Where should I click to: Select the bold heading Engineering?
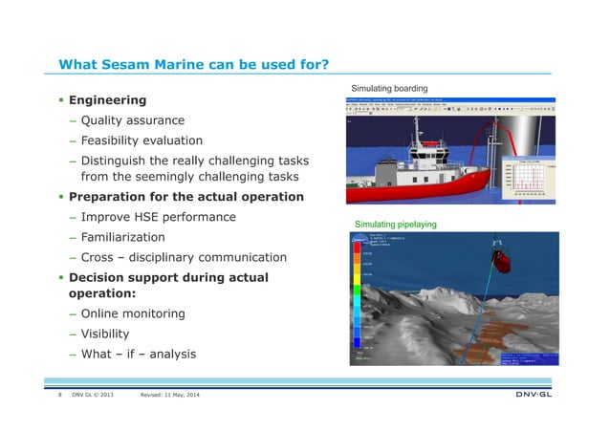(107, 100)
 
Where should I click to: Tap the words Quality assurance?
(133, 120)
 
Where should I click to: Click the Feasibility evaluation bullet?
(142, 140)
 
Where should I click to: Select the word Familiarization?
(122, 237)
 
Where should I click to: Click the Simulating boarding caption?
(392, 89)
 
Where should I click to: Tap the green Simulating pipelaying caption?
(396, 224)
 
